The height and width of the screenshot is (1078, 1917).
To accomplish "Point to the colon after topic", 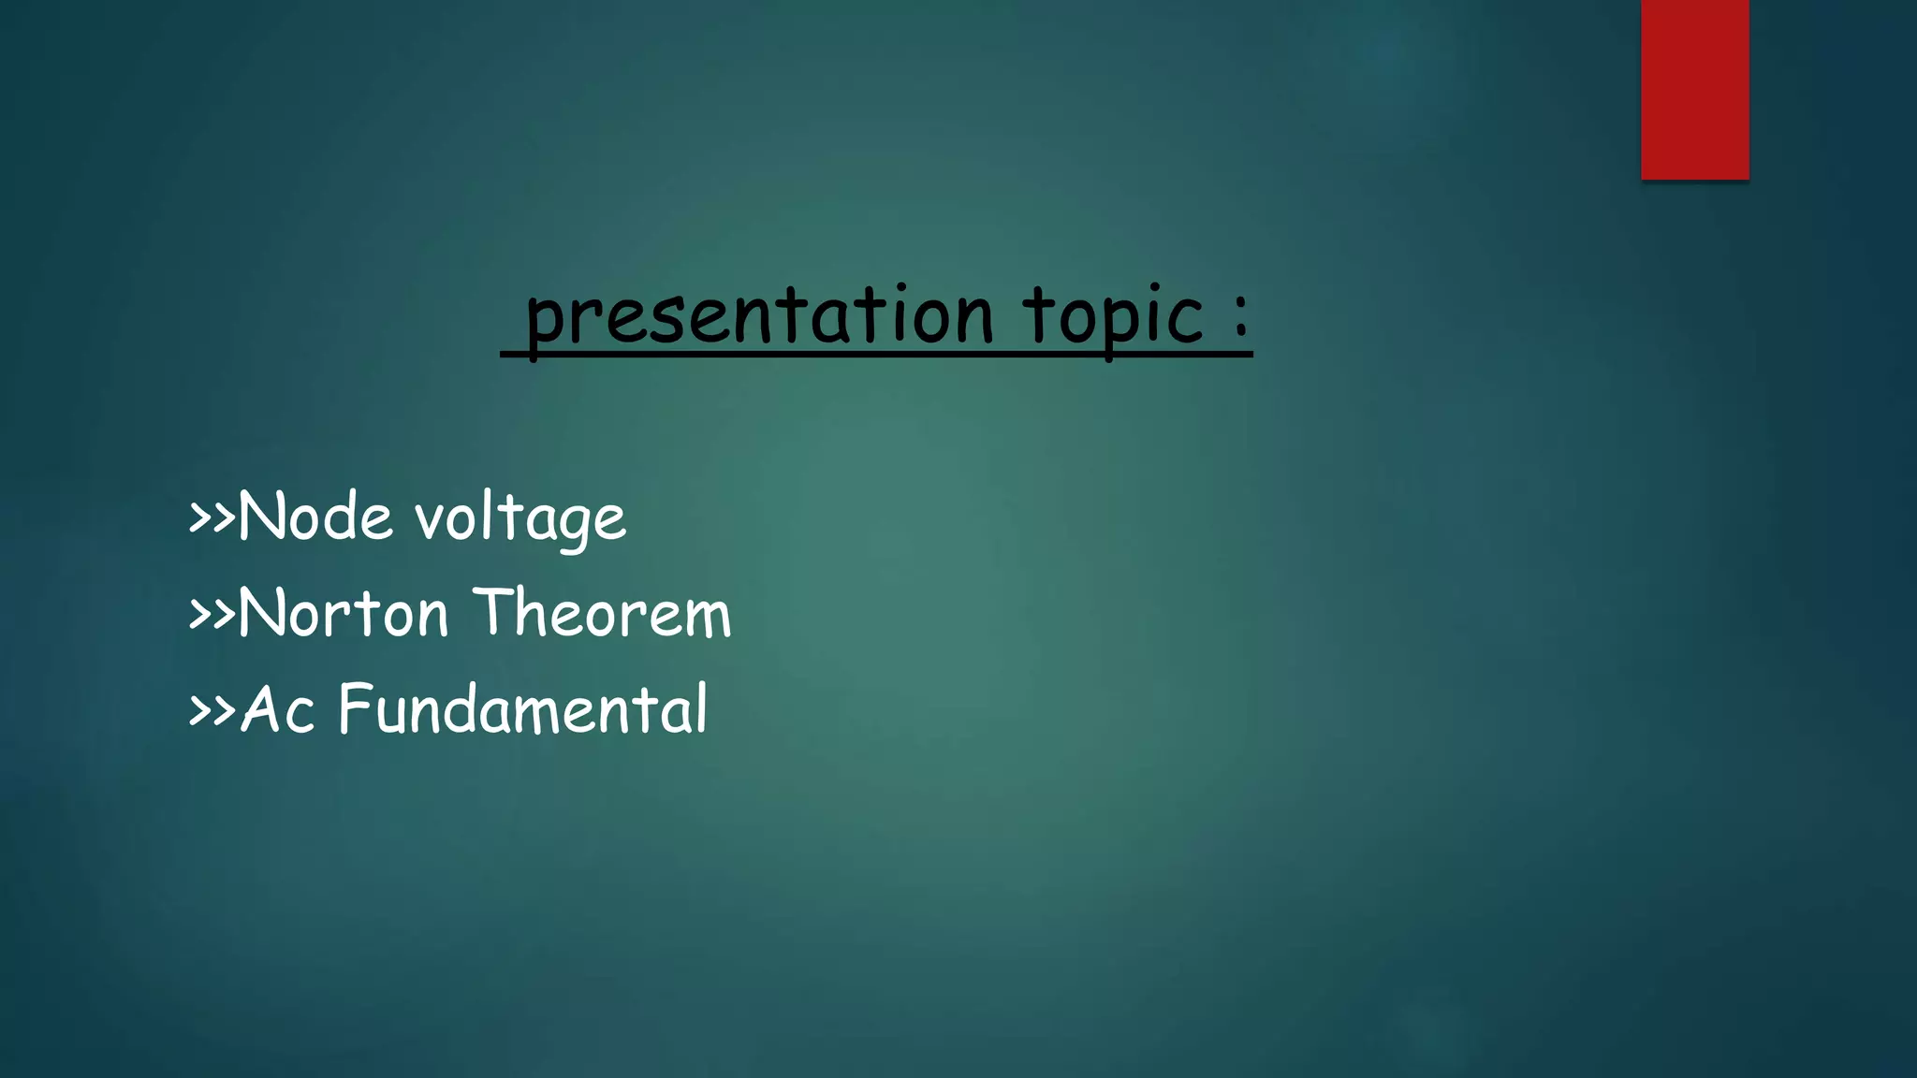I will tap(1240, 316).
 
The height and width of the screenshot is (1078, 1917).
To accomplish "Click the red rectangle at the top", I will tap(1694, 89).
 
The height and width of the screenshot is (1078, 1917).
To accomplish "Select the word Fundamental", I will tap(522, 709).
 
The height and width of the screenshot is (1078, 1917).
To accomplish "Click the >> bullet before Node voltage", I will tap(212, 517).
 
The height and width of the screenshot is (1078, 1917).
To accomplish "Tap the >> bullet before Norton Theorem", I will tap(212, 614).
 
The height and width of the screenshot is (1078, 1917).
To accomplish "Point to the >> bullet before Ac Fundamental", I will tap(212, 709).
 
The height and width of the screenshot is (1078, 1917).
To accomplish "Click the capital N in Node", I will tap(259, 517).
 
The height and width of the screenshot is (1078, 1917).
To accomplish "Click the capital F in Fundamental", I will tap(356, 708).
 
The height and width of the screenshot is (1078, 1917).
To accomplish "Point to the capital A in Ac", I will tap(261, 709).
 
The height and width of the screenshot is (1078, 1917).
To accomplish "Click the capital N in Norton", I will tap(259, 614).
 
